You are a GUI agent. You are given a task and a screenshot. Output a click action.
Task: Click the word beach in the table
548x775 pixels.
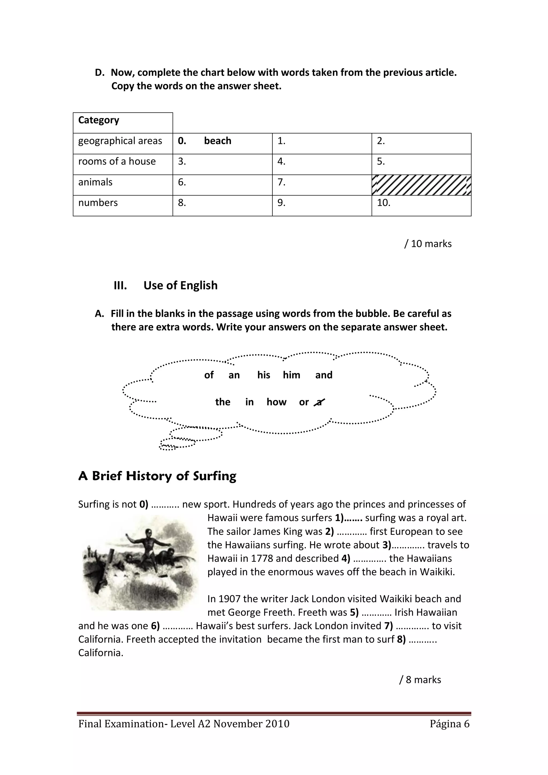(x=218, y=141)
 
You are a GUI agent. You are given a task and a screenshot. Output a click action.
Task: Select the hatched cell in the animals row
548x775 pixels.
(x=421, y=185)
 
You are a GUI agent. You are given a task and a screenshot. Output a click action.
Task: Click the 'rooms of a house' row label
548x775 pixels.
(x=117, y=161)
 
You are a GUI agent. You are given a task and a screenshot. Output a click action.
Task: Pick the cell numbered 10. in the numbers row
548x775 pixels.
(x=421, y=205)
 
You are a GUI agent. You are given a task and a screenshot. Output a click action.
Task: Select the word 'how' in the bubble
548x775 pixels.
(x=276, y=402)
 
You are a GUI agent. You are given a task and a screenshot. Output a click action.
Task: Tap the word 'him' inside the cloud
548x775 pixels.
(x=291, y=375)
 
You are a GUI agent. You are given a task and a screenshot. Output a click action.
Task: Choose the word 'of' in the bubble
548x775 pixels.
(x=209, y=375)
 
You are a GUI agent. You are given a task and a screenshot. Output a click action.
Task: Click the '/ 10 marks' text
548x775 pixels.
(x=428, y=244)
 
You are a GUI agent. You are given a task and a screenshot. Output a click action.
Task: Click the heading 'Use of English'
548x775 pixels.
(x=180, y=285)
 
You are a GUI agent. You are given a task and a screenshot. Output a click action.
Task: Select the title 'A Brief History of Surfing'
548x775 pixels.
(x=157, y=476)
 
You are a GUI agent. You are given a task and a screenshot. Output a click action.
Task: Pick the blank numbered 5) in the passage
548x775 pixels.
(x=371, y=612)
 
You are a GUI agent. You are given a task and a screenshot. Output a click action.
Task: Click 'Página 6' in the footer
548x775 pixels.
(x=450, y=724)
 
